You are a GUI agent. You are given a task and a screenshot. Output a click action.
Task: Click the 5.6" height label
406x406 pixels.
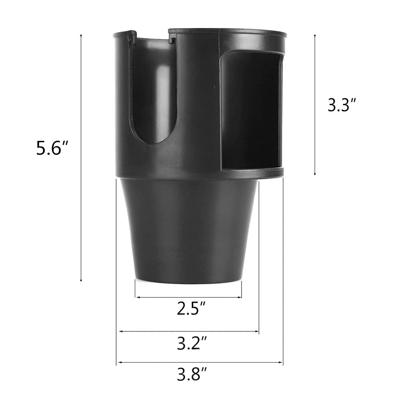[51, 148]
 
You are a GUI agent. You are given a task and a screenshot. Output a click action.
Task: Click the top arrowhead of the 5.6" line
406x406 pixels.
[81, 36]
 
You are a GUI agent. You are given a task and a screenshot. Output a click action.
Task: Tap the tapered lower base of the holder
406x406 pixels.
[188, 231]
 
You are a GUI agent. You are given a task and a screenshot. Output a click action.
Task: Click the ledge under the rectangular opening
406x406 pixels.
[253, 173]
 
